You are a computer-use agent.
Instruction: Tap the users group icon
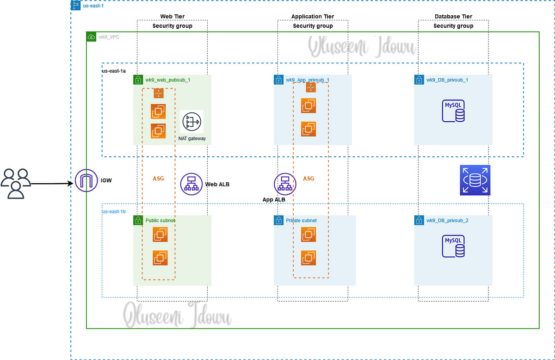tap(16, 184)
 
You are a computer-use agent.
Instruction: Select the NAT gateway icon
tap(192, 122)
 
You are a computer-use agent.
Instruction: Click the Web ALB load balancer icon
tap(191, 184)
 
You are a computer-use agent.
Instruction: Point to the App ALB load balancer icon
tap(285, 184)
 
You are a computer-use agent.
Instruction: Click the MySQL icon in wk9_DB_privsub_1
tap(453, 111)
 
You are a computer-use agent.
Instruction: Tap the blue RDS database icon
tap(475, 180)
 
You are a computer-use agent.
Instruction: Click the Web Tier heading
tap(172, 17)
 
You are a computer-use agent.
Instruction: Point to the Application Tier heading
tap(313, 17)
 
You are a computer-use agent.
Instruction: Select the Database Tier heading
tap(453, 17)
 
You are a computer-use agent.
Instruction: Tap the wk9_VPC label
tap(109, 37)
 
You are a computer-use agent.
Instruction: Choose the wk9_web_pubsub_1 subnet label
tap(167, 80)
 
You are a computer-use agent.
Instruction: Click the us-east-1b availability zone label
tap(114, 211)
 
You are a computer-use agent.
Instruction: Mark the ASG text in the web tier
tap(158, 178)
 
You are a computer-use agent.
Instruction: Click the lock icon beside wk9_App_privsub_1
tap(278, 80)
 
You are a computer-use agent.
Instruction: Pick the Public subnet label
tap(160, 221)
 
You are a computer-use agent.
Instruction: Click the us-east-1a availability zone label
tap(114, 70)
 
